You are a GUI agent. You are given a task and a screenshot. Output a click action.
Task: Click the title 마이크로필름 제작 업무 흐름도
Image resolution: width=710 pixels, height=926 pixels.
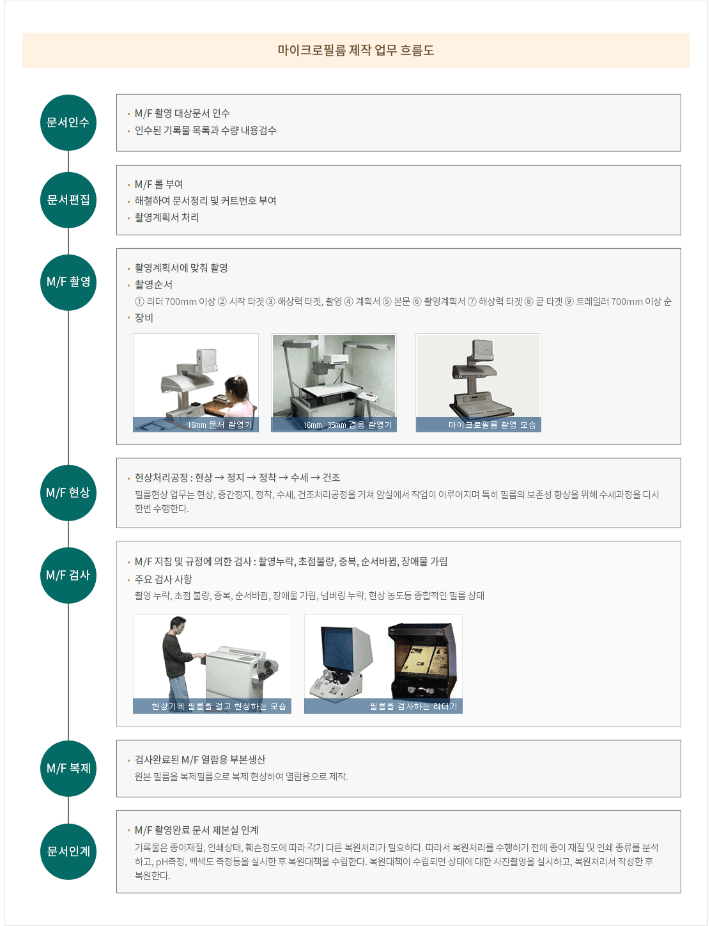pos(355,51)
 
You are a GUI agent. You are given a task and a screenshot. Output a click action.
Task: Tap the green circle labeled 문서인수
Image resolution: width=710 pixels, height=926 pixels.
pos(68,123)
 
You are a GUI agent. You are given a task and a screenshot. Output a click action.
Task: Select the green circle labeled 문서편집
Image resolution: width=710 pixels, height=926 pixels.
pos(68,200)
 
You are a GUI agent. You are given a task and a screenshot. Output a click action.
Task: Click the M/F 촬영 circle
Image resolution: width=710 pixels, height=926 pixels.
pos(68,282)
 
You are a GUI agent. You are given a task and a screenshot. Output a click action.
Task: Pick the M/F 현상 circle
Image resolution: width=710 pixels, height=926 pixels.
pos(68,492)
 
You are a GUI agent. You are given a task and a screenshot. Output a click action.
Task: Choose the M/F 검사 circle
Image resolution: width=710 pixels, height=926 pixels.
pos(68,576)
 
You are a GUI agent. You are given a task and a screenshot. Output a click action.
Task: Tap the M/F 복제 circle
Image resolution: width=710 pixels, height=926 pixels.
pos(68,768)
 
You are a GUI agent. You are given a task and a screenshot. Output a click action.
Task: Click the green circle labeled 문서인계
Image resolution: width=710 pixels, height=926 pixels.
pos(68,851)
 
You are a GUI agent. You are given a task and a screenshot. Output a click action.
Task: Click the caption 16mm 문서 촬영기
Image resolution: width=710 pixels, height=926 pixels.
pos(220,425)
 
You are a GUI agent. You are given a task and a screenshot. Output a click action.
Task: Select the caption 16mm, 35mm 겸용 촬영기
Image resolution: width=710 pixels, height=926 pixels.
pos(348,425)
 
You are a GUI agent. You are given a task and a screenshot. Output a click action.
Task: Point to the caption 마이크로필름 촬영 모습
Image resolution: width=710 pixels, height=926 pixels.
pos(492,425)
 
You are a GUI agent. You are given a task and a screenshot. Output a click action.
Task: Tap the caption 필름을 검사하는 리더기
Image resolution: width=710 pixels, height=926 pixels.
pos(413,706)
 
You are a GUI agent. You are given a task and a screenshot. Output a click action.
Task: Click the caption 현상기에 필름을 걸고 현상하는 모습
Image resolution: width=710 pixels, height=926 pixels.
pos(219,706)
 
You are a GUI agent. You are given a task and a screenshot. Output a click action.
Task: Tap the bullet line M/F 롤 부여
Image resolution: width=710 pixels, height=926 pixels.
pos(158,184)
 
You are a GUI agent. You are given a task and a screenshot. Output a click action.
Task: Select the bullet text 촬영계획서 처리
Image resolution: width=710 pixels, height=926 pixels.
pos(167,217)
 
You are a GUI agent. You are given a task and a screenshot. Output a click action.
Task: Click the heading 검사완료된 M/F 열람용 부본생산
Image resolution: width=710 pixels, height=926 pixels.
pos(200,759)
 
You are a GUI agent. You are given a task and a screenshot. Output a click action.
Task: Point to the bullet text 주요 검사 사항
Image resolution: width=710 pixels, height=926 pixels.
pos(164,579)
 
